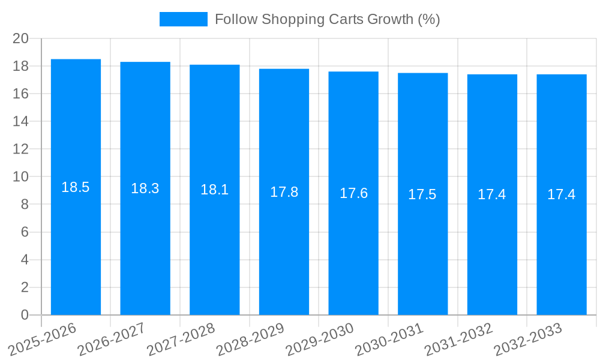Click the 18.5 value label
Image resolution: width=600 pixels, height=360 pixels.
[76, 187]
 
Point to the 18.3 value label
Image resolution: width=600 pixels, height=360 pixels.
[145, 188]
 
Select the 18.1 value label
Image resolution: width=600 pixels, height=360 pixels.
[214, 190]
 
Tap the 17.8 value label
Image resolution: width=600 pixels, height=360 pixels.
[284, 192]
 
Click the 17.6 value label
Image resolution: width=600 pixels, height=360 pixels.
[353, 193]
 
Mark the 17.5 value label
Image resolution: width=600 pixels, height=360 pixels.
[422, 194]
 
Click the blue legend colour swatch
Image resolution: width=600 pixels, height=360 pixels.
[183, 19]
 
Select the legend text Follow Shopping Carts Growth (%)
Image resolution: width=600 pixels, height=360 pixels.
[327, 19]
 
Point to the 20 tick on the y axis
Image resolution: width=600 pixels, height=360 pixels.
[21, 38]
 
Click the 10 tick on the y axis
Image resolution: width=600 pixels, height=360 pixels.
[21, 177]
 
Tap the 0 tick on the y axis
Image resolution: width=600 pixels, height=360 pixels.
[25, 315]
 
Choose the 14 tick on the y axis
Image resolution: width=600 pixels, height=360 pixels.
[21, 121]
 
